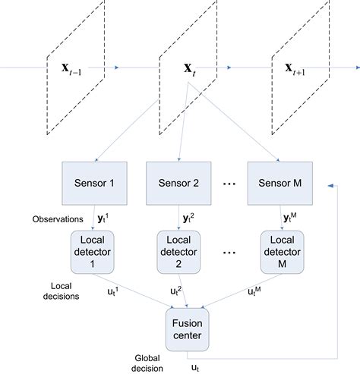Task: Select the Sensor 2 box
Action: click(x=178, y=183)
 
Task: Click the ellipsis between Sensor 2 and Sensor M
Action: click(x=229, y=184)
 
